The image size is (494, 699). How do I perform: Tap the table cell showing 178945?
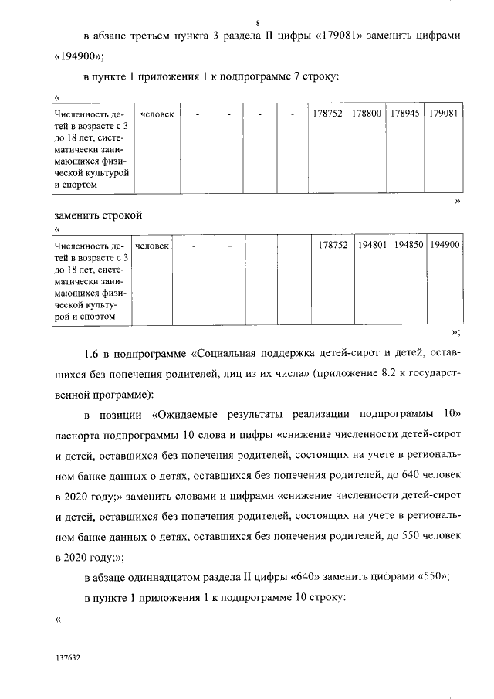pos(405,114)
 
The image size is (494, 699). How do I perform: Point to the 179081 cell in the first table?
pos(444,114)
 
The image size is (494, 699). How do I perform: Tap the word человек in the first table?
pos(157,114)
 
